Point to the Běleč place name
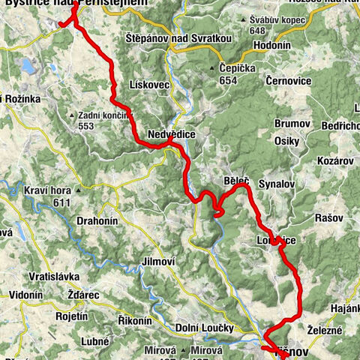(x=235, y=181)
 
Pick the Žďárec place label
(x=82, y=295)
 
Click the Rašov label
(x=328, y=217)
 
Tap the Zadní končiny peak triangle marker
(x=72, y=115)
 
